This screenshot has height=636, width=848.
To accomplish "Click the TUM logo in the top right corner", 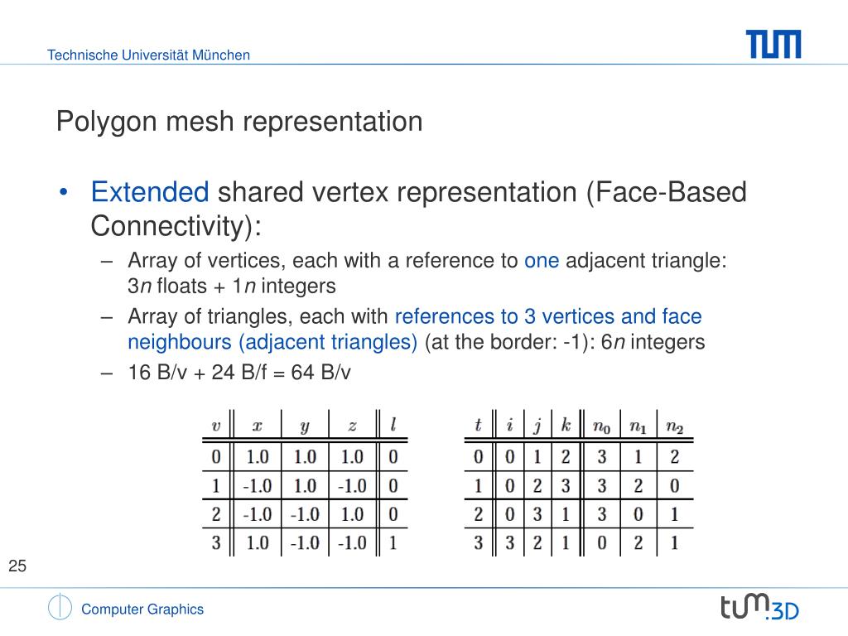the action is click(773, 44).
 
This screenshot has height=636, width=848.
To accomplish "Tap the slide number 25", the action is click(17, 566).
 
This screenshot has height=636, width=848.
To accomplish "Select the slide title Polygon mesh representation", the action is click(239, 122).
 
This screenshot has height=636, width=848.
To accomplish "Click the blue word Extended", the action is click(150, 193).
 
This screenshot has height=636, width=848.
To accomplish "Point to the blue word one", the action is click(542, 261).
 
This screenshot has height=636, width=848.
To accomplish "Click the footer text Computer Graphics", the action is click(142, 609).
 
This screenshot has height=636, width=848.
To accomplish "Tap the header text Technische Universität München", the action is click(148, 55).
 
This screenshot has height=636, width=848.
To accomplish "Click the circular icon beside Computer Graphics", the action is click(60, 608).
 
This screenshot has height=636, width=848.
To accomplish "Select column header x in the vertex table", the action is click(257, 426).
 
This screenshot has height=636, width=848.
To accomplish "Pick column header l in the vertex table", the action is click(393, 426).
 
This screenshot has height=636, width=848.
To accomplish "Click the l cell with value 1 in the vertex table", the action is click(393, 542).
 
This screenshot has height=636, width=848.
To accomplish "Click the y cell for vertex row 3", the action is click(305, 542).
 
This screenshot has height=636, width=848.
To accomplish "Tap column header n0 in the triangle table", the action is click(601, 426).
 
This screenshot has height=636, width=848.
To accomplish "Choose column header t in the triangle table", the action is click(478, 426).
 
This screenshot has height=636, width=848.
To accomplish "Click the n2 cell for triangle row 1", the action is click(674, 484).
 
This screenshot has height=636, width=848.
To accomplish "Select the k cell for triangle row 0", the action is click(566, 455).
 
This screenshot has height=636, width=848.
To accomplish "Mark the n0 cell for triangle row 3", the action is click(601, 542).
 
